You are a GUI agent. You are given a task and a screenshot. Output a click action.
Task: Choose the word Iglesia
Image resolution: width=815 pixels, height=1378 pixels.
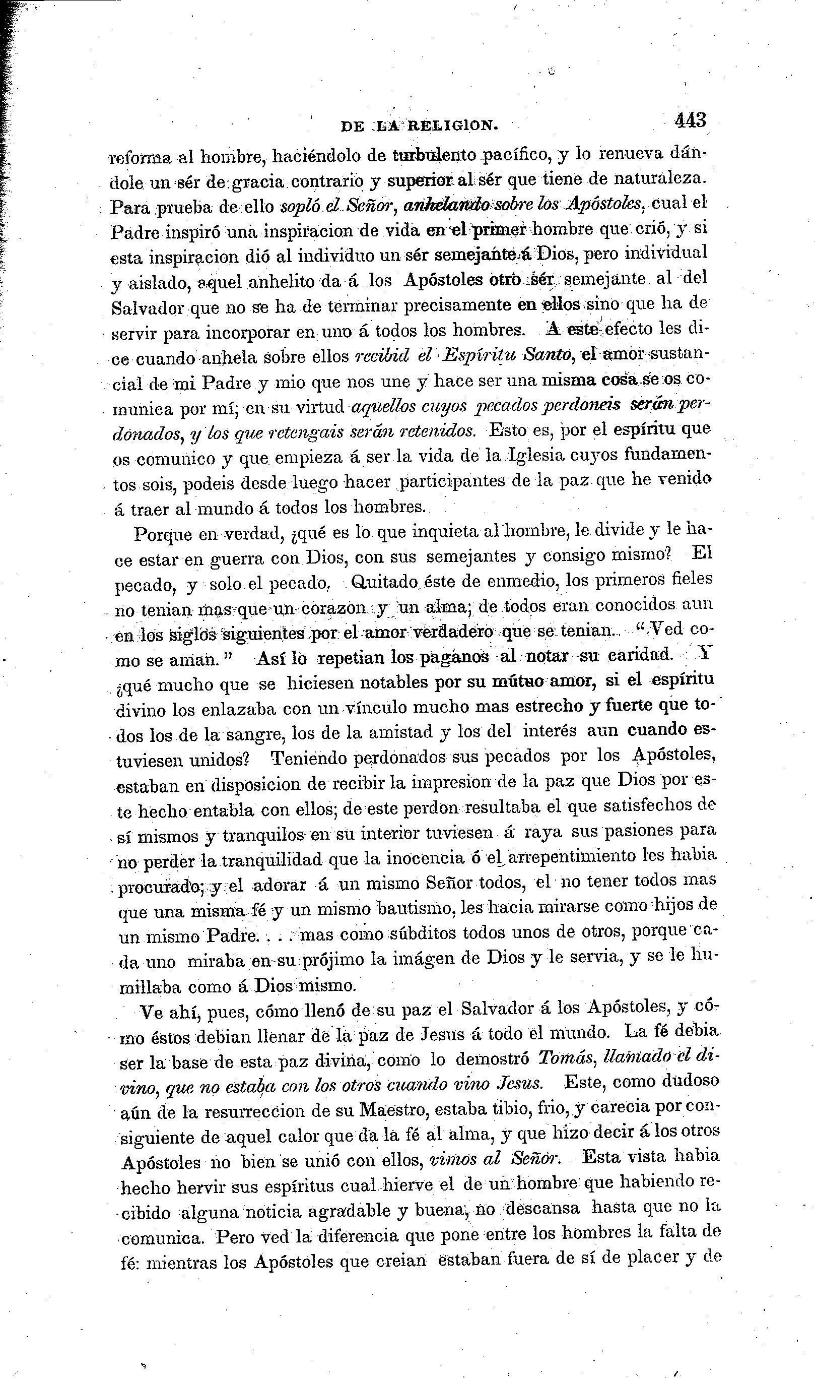pos(537,456)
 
